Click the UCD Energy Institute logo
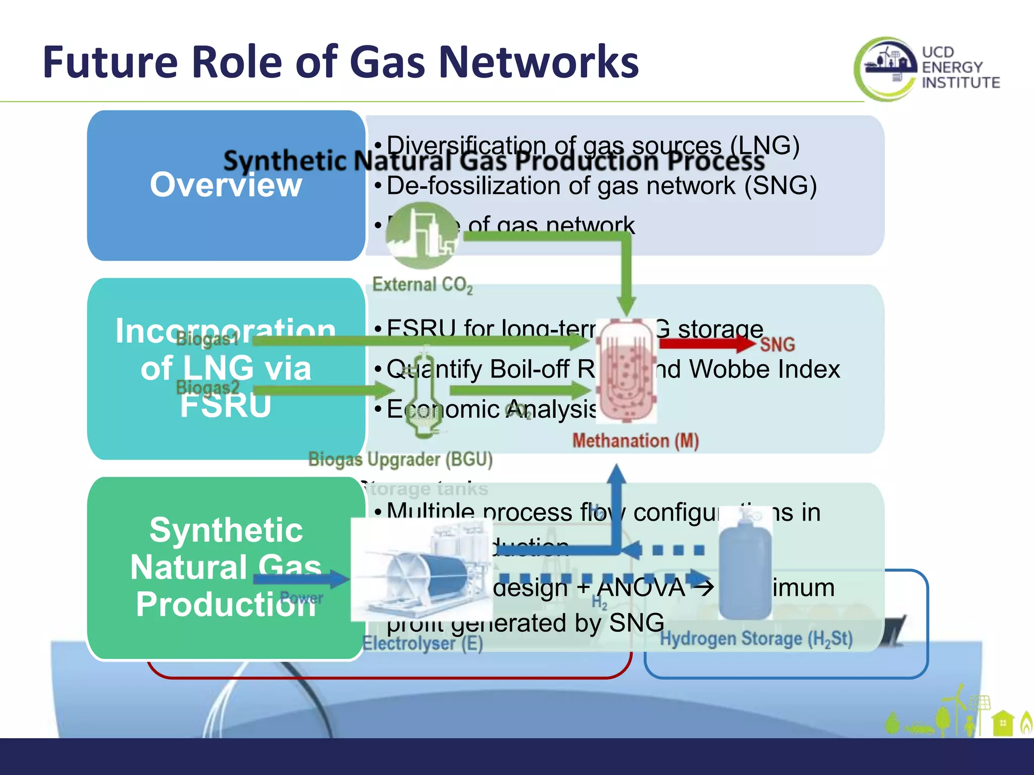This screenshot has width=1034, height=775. point(926,68)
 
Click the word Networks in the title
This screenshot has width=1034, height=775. point(538,63)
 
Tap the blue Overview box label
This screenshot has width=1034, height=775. point(226,185)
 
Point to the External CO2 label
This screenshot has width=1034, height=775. point(422,285)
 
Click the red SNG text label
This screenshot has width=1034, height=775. point(777,345)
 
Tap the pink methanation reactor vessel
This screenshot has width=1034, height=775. point(626,371)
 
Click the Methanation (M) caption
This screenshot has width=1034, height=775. point(635,441)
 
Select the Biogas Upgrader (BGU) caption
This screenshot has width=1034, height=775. point(400,460)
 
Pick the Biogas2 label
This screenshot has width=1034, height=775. point(207,388)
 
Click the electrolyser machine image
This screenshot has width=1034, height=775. point(422,570)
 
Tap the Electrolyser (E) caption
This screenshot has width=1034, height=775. point(423,643)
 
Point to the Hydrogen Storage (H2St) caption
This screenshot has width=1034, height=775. point(756,639)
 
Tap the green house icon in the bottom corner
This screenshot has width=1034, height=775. point(1002,723)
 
